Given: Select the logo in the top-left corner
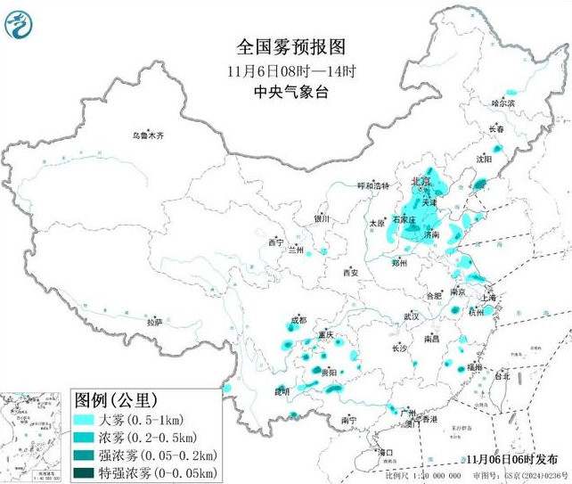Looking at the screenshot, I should [x=18, y=24].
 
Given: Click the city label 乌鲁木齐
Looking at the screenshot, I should [x=149, y=135].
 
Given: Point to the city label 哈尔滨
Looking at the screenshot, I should [x=504, y=103].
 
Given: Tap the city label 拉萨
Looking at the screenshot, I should [x=155, y=322].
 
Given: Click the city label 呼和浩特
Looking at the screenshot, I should [x=373, y=185].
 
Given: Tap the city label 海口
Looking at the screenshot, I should [x=386, y=453].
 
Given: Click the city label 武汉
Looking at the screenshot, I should [x=411, y=316].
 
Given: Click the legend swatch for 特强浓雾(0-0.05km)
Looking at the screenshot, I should [x=85, y=471].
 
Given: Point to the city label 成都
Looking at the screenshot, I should [x=298, y=320].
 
